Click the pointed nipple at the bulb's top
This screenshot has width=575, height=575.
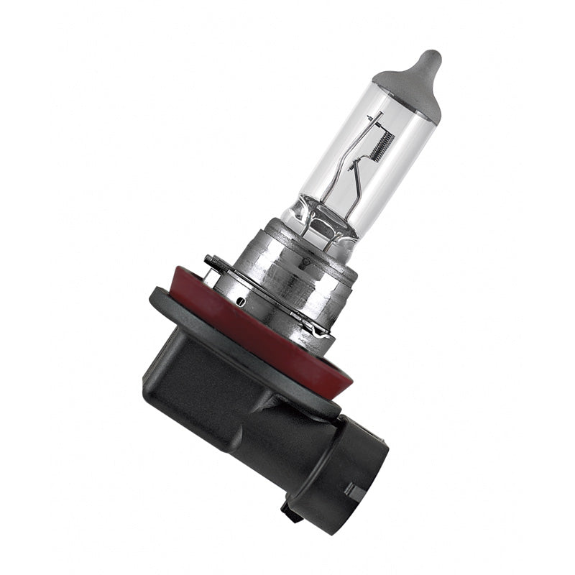[x=430, y=59]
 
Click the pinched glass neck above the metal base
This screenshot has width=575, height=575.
[x=316, y=216]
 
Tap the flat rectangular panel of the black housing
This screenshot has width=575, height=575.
[x=194, y=381]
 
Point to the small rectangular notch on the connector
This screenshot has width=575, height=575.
[x=353, y=492]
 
